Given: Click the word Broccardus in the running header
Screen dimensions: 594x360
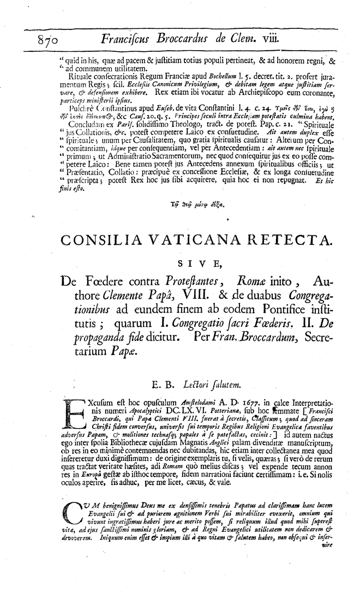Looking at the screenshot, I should pos(189,38).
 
